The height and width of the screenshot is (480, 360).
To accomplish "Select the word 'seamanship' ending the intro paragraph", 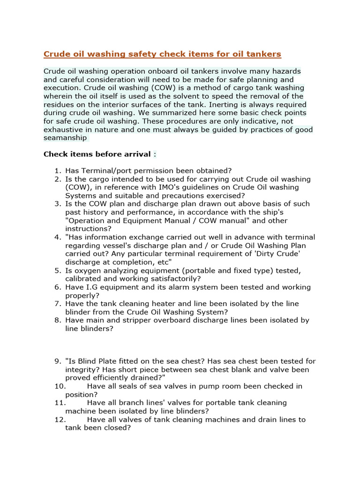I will pos(65,138).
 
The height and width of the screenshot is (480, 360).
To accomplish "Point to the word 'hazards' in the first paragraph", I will pos(279,71).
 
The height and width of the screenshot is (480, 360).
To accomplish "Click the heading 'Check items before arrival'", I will pos(97,154).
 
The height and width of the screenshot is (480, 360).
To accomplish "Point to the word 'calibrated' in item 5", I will pos(83,279).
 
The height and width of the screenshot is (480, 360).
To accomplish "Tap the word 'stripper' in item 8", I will pos(151,320).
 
